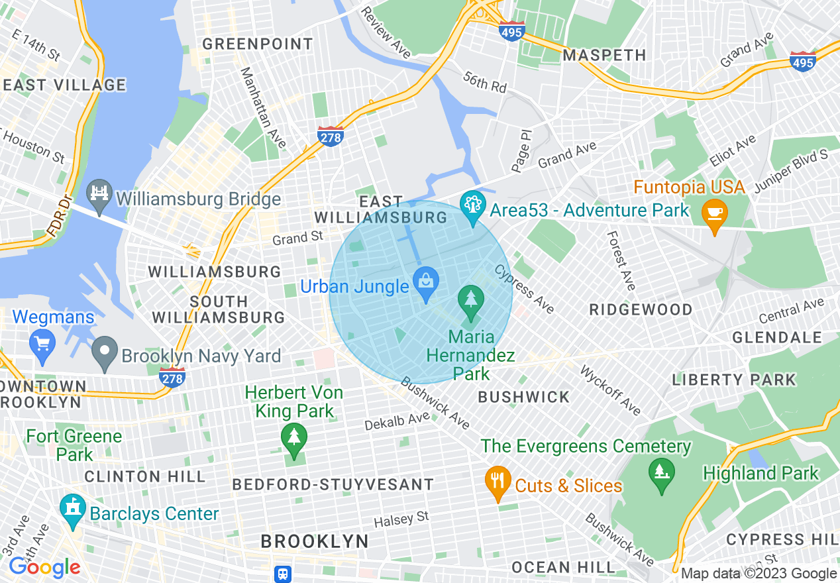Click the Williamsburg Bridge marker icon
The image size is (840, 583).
click(99, 196)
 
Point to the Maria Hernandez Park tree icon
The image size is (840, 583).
click(470, 303)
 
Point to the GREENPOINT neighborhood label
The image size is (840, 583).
click(257, 44)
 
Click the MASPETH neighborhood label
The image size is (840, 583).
click(604, 55)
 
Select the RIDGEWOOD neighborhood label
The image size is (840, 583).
click(641, 309)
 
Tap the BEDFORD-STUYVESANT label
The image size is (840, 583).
click(333, 484)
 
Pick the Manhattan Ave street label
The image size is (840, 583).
click(263, 107)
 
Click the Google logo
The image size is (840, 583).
click(44, 567)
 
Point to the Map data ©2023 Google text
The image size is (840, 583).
click(759, 574)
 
